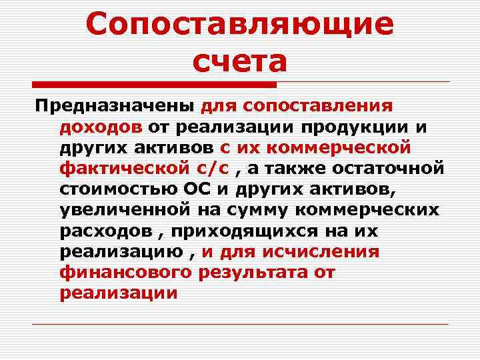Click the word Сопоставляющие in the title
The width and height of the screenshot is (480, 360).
(x=239, y=26)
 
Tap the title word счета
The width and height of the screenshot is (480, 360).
(x=239, y=62)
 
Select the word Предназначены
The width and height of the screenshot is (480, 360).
(x=115, y=106)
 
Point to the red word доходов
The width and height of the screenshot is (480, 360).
(x=99, y=127)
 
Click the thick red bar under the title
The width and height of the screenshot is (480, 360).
(x=155, y=85)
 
